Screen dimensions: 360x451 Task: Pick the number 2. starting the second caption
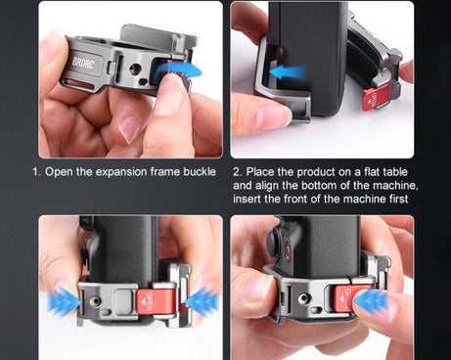[x=239, y=170]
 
